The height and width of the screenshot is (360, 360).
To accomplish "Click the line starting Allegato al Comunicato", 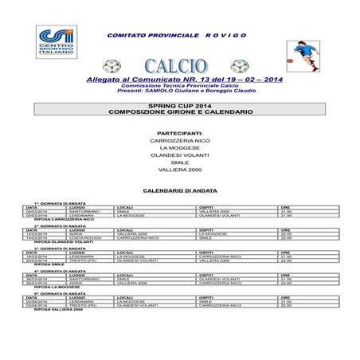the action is pyautogui.click(x=180, y=80).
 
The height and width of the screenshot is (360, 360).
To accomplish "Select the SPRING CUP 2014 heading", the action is pyautogui.click(x=180, y=107).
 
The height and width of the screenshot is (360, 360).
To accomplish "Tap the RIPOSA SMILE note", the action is pyautogui.click(x=48, y=264).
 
